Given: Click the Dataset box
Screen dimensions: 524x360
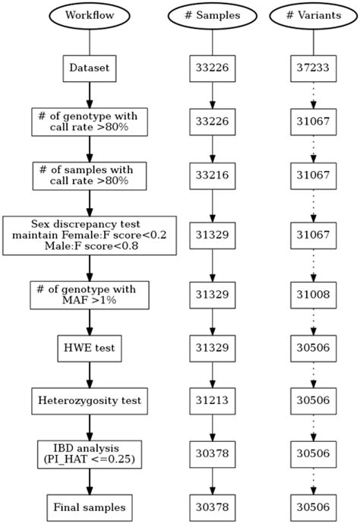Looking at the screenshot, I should [90, 68].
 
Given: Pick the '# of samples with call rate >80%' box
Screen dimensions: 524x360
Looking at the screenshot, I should [90, 175].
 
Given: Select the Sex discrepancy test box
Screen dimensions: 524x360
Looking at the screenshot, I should [90, 235].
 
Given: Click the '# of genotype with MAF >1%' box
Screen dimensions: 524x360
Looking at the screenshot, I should [90, 295].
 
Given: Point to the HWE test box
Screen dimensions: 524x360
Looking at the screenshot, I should [90, 349].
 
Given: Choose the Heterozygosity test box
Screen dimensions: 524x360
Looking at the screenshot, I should [90, 399].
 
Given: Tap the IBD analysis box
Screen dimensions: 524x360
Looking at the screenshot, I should [90, 453].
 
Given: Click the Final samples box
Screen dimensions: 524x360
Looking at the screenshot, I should [90, 506].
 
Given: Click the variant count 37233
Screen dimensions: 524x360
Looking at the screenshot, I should [314, 68].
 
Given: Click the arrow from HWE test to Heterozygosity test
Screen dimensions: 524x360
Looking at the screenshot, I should [90, 374].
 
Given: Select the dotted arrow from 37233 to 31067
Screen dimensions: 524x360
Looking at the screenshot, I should [314, 96].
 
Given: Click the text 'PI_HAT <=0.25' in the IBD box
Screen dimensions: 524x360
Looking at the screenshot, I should [90, 459].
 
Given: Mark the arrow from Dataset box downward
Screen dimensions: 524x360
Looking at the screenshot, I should [90, 94].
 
